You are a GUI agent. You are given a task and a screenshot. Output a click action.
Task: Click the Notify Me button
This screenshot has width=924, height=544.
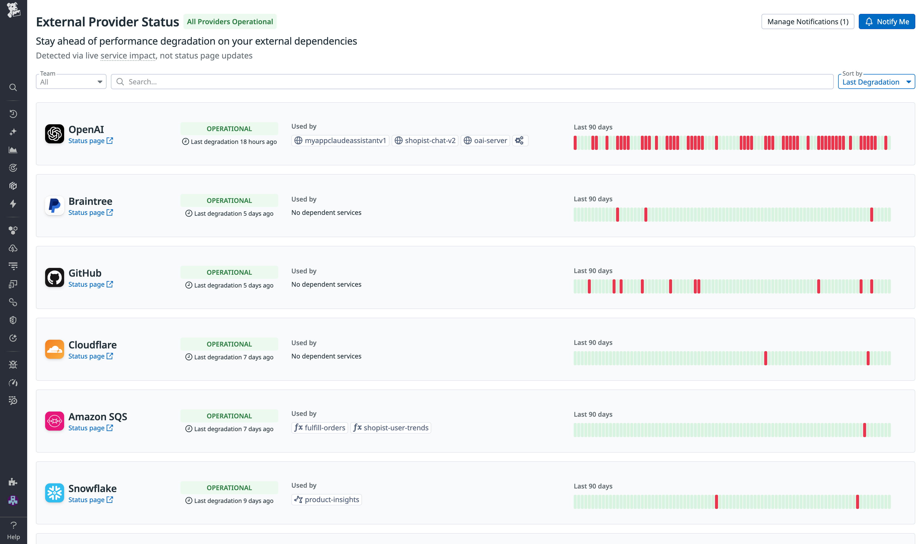(886, 22)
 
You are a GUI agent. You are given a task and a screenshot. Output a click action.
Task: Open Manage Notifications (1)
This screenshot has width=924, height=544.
(807, 22)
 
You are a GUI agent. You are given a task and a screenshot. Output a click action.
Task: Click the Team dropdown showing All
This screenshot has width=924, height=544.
(71, 82)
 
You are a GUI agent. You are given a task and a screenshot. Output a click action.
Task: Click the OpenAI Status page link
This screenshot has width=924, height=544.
(90, 141)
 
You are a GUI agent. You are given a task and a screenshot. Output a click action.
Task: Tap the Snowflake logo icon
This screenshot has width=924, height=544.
(54, 493)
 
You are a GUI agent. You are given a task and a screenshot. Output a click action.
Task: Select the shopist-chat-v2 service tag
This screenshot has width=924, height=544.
(425, 141)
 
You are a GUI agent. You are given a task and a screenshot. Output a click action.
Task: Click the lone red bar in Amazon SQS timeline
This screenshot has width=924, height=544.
(864, 430)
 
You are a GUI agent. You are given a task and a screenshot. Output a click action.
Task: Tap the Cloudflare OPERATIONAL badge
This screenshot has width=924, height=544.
(229, 344)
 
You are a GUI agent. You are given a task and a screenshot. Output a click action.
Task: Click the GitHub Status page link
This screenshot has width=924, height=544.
(90, 285)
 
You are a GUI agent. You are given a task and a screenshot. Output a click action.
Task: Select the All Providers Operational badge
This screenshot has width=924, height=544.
(230, 22)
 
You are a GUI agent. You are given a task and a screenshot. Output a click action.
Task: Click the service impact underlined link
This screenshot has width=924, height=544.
(128, 56)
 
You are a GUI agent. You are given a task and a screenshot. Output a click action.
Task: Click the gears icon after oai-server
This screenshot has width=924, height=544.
(519, 141)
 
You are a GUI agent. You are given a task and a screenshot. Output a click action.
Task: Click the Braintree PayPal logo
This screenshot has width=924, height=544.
(54, 206)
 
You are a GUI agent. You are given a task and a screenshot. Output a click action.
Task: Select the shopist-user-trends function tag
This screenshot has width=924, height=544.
(391, 428)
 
